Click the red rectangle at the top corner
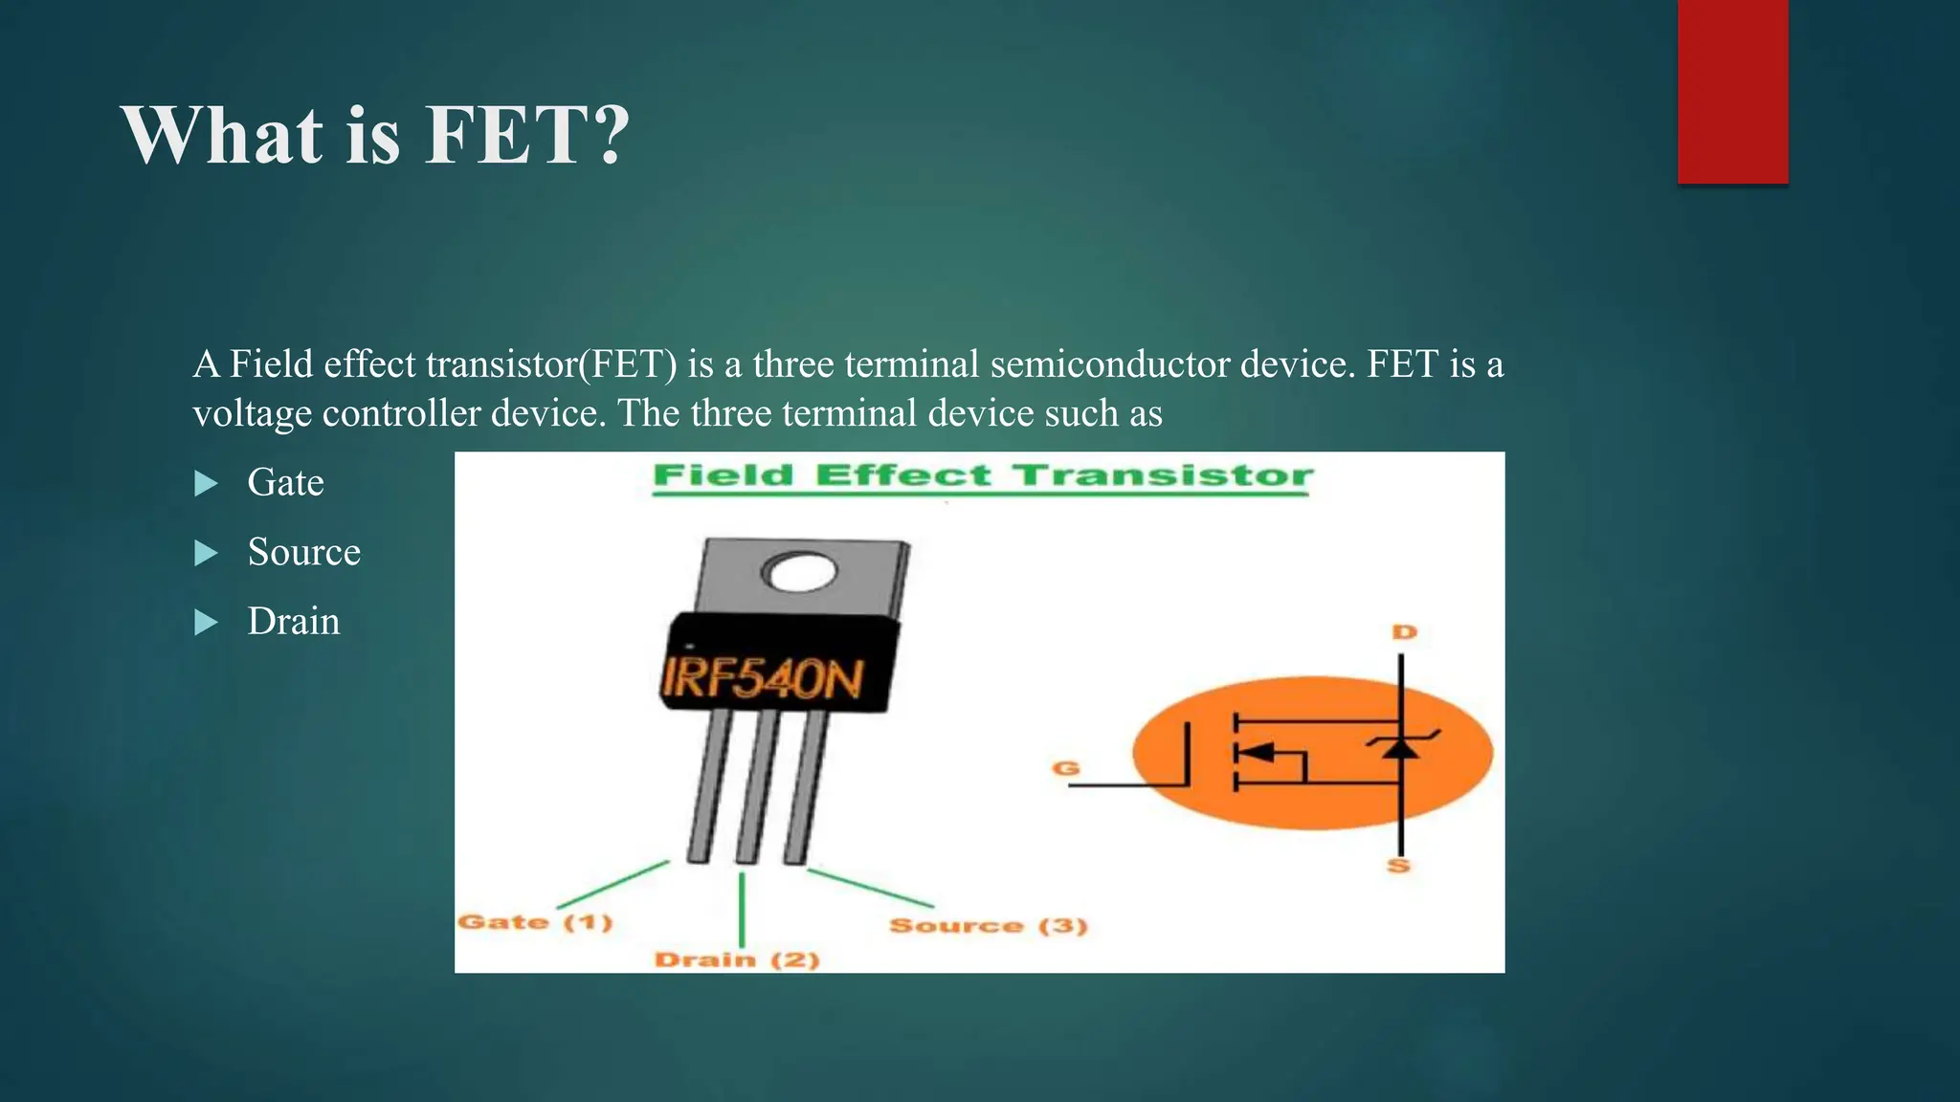click(1732, 91)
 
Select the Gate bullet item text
click(285, 482)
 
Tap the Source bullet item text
click(303, 552)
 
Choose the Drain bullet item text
click(293, 622)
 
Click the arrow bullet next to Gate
click(206, 483)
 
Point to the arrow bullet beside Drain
click(206, 623)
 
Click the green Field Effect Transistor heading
click(983, 475)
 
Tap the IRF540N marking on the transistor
click(763, 678)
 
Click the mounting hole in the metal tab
click(799, 573)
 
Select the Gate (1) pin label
click(535, 922)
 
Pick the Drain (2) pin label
click(737, 959)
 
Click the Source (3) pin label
click(988, 925)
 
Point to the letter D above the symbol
click(1404, 632)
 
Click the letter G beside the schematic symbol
click(1066, 768)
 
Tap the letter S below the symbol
click(1399, 866)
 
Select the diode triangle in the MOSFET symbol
click(1401, 748)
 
